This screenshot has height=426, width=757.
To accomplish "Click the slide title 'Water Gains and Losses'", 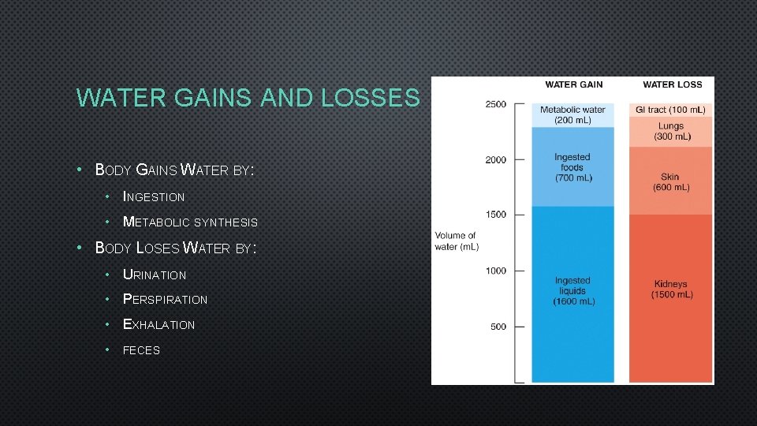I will point(248,98).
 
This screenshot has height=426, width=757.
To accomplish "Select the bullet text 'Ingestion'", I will point(154,196).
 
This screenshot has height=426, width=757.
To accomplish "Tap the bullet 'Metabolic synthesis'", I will point(190,222).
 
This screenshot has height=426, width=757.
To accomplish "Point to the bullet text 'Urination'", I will point(155,275).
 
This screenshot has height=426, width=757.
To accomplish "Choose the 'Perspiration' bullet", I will point(165,300).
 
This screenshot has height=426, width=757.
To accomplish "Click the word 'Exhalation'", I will point(158,324).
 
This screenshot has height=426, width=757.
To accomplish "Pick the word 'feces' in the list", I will point(141,350).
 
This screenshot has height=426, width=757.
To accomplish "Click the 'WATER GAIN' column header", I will point(573,85).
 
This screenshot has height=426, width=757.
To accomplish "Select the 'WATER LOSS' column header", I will point(672,85).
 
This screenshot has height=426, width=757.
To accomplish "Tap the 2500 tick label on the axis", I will point(496,104).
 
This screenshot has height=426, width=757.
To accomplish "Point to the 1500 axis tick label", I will point(496,215).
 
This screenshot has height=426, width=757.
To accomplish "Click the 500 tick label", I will point(498,327).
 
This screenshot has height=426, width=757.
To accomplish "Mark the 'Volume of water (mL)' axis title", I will point(457,241).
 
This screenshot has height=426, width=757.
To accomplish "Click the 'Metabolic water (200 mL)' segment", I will point(572,114).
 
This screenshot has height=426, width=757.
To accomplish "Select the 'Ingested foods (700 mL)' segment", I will point(572,167).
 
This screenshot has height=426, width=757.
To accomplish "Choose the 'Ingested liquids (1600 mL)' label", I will point(572,290).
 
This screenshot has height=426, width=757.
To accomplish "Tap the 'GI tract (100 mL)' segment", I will point(670,110).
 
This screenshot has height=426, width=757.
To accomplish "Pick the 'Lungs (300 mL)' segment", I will point(671,131).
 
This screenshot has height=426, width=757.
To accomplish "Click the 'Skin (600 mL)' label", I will point(671,182).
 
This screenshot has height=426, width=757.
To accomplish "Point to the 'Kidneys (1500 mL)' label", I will point(671,290).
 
